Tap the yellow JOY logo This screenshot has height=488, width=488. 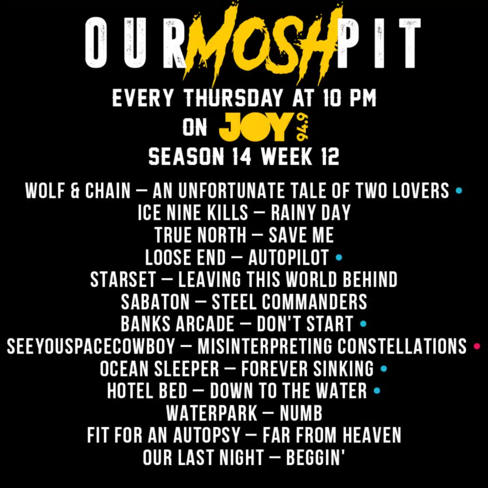(x=255, y=127)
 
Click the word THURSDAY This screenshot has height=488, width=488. (x=233, y=98)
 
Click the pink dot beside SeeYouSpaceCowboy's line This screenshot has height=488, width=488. (x=477, y=346)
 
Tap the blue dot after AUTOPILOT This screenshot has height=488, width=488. (x=339, y=257)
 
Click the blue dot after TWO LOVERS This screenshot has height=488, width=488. (x=458, y=191)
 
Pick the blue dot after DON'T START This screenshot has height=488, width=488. (x=363, y=324)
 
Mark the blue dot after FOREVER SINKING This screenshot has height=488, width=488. (x=384, y=368)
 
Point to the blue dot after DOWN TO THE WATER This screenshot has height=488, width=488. (x=377, y=391)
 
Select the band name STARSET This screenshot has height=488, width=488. (x=123, y=279)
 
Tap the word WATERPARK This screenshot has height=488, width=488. (x=212, y=413)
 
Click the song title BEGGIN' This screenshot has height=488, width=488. (x=315, y=457)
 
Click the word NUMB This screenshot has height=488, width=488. (x=301, y=413)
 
